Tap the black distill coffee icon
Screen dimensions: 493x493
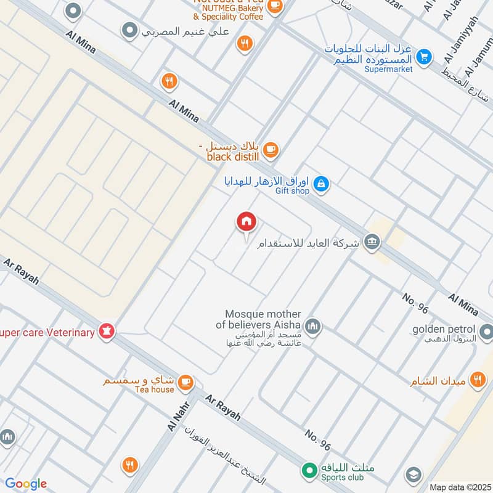(271, 149)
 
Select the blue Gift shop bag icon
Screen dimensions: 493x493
(321, 184)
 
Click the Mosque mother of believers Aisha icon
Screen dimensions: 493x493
(313, 325)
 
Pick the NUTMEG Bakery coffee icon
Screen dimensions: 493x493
(275, 7)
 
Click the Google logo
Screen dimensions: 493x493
(26, 484)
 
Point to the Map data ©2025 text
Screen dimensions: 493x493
(459, 487)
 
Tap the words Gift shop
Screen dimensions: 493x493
(292, 191)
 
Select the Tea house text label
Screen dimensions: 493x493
(154, 389)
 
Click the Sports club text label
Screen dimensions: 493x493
(346, 477)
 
